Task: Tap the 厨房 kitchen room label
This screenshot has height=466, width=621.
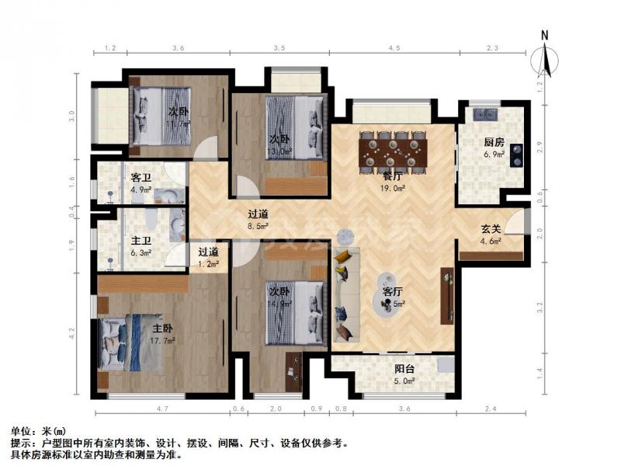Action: point(494,143)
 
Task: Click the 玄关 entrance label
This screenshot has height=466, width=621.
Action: point(491,230)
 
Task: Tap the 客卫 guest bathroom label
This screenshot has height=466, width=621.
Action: point(140,177)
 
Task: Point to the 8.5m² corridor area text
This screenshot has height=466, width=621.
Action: point(258,226)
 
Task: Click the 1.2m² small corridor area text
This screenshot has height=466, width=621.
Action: point(207,264)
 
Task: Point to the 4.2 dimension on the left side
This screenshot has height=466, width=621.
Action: point(72,334)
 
